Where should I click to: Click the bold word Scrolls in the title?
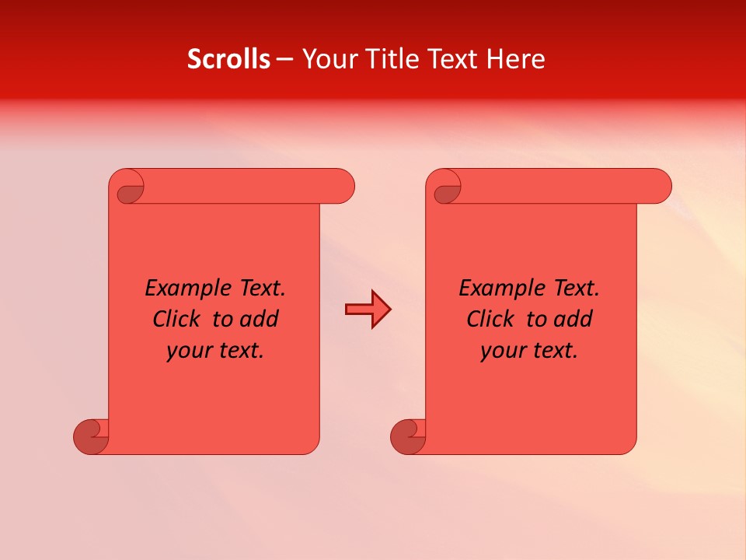point(228,59)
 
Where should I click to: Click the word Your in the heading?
point(325,59)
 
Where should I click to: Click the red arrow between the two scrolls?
point(368,310)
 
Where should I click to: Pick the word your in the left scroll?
point(187,351)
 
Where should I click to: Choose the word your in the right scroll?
point(502,351)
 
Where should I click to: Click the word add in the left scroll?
point(260,319)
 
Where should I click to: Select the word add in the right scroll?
point(573,319)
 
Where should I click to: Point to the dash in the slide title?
point(284,59)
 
